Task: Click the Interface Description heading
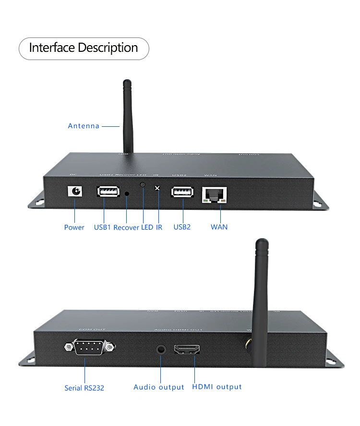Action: (84, 48)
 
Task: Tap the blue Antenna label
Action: (84, 126)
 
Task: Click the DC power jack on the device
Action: (75, 191)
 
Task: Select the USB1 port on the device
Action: (108, 192)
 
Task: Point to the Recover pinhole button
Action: (127, 194)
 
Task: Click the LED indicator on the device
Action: (143, 185)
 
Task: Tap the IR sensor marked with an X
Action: (157, 188)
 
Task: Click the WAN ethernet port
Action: (215, 194)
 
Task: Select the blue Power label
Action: (74, 227)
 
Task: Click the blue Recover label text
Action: (126, 227)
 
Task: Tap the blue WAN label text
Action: (219, 227)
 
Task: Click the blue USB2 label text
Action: (182, 227)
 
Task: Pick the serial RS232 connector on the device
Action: (89, 347)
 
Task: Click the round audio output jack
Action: (161, 349)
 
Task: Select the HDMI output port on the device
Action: (187, 350)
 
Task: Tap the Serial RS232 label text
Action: (84, 388)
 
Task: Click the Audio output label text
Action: (159, 387)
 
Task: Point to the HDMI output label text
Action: (217, 387)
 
